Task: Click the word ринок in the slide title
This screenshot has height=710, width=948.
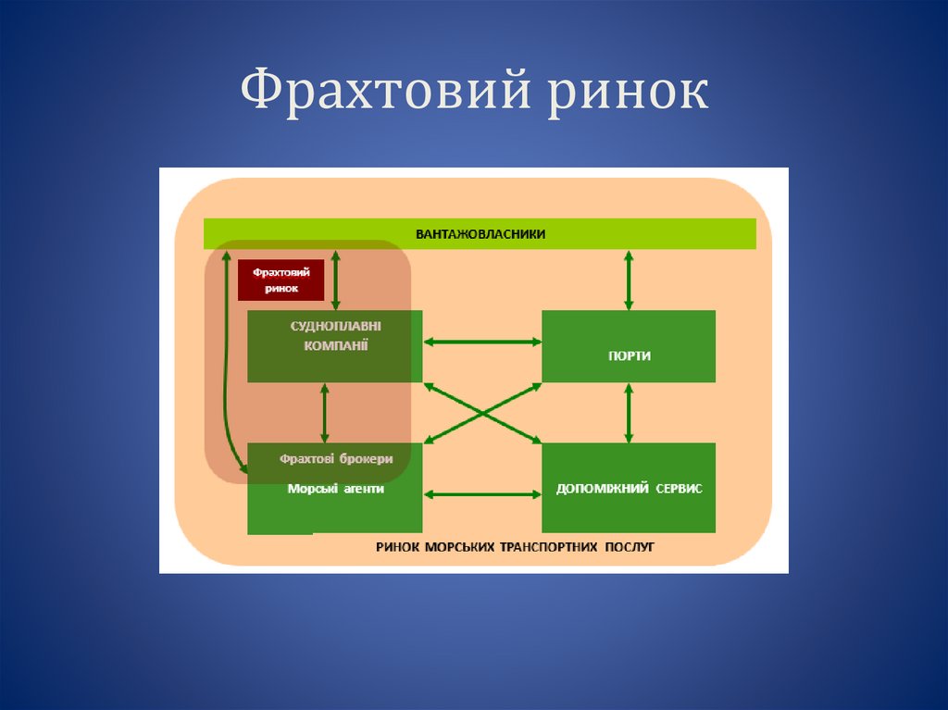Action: coord(627,94)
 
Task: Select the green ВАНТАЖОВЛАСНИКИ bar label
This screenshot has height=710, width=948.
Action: coord(480,234)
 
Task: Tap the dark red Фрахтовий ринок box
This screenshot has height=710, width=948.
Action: coord(281,280)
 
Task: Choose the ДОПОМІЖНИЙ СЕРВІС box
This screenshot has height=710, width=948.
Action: coord(628,488)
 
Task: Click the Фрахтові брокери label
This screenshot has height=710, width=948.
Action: coord(336,459)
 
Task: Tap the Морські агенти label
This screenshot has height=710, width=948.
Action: coord(335,489)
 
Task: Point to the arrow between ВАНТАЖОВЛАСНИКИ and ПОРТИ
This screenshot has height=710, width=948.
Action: coord(629,280)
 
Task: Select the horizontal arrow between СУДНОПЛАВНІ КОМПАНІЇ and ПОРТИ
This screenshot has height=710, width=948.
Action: coord(481,342)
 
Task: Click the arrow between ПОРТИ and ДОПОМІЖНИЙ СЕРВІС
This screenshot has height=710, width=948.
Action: coord(629,413)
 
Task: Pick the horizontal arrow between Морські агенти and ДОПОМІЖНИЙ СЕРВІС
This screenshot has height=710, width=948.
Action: coord(481,494)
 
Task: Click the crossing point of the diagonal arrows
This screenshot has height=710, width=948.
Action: coord(481,408)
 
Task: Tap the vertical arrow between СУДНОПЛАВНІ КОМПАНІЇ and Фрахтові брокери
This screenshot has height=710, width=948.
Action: coord(324,413)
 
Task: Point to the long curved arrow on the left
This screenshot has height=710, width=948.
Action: coord(226,370)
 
